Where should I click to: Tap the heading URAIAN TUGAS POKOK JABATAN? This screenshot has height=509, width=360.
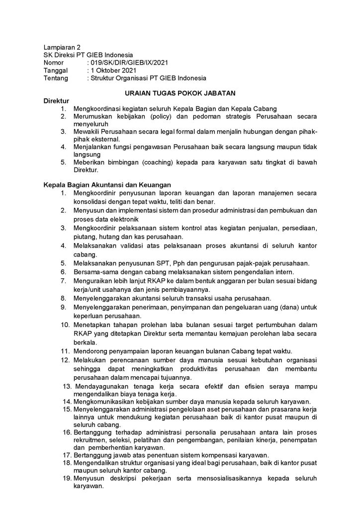tap(180, 93)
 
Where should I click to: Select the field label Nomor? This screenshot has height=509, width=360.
tap(54, 63)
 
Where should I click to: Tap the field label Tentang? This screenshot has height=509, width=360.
tap(56, 78)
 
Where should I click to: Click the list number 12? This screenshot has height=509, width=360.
tap(66, 359)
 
